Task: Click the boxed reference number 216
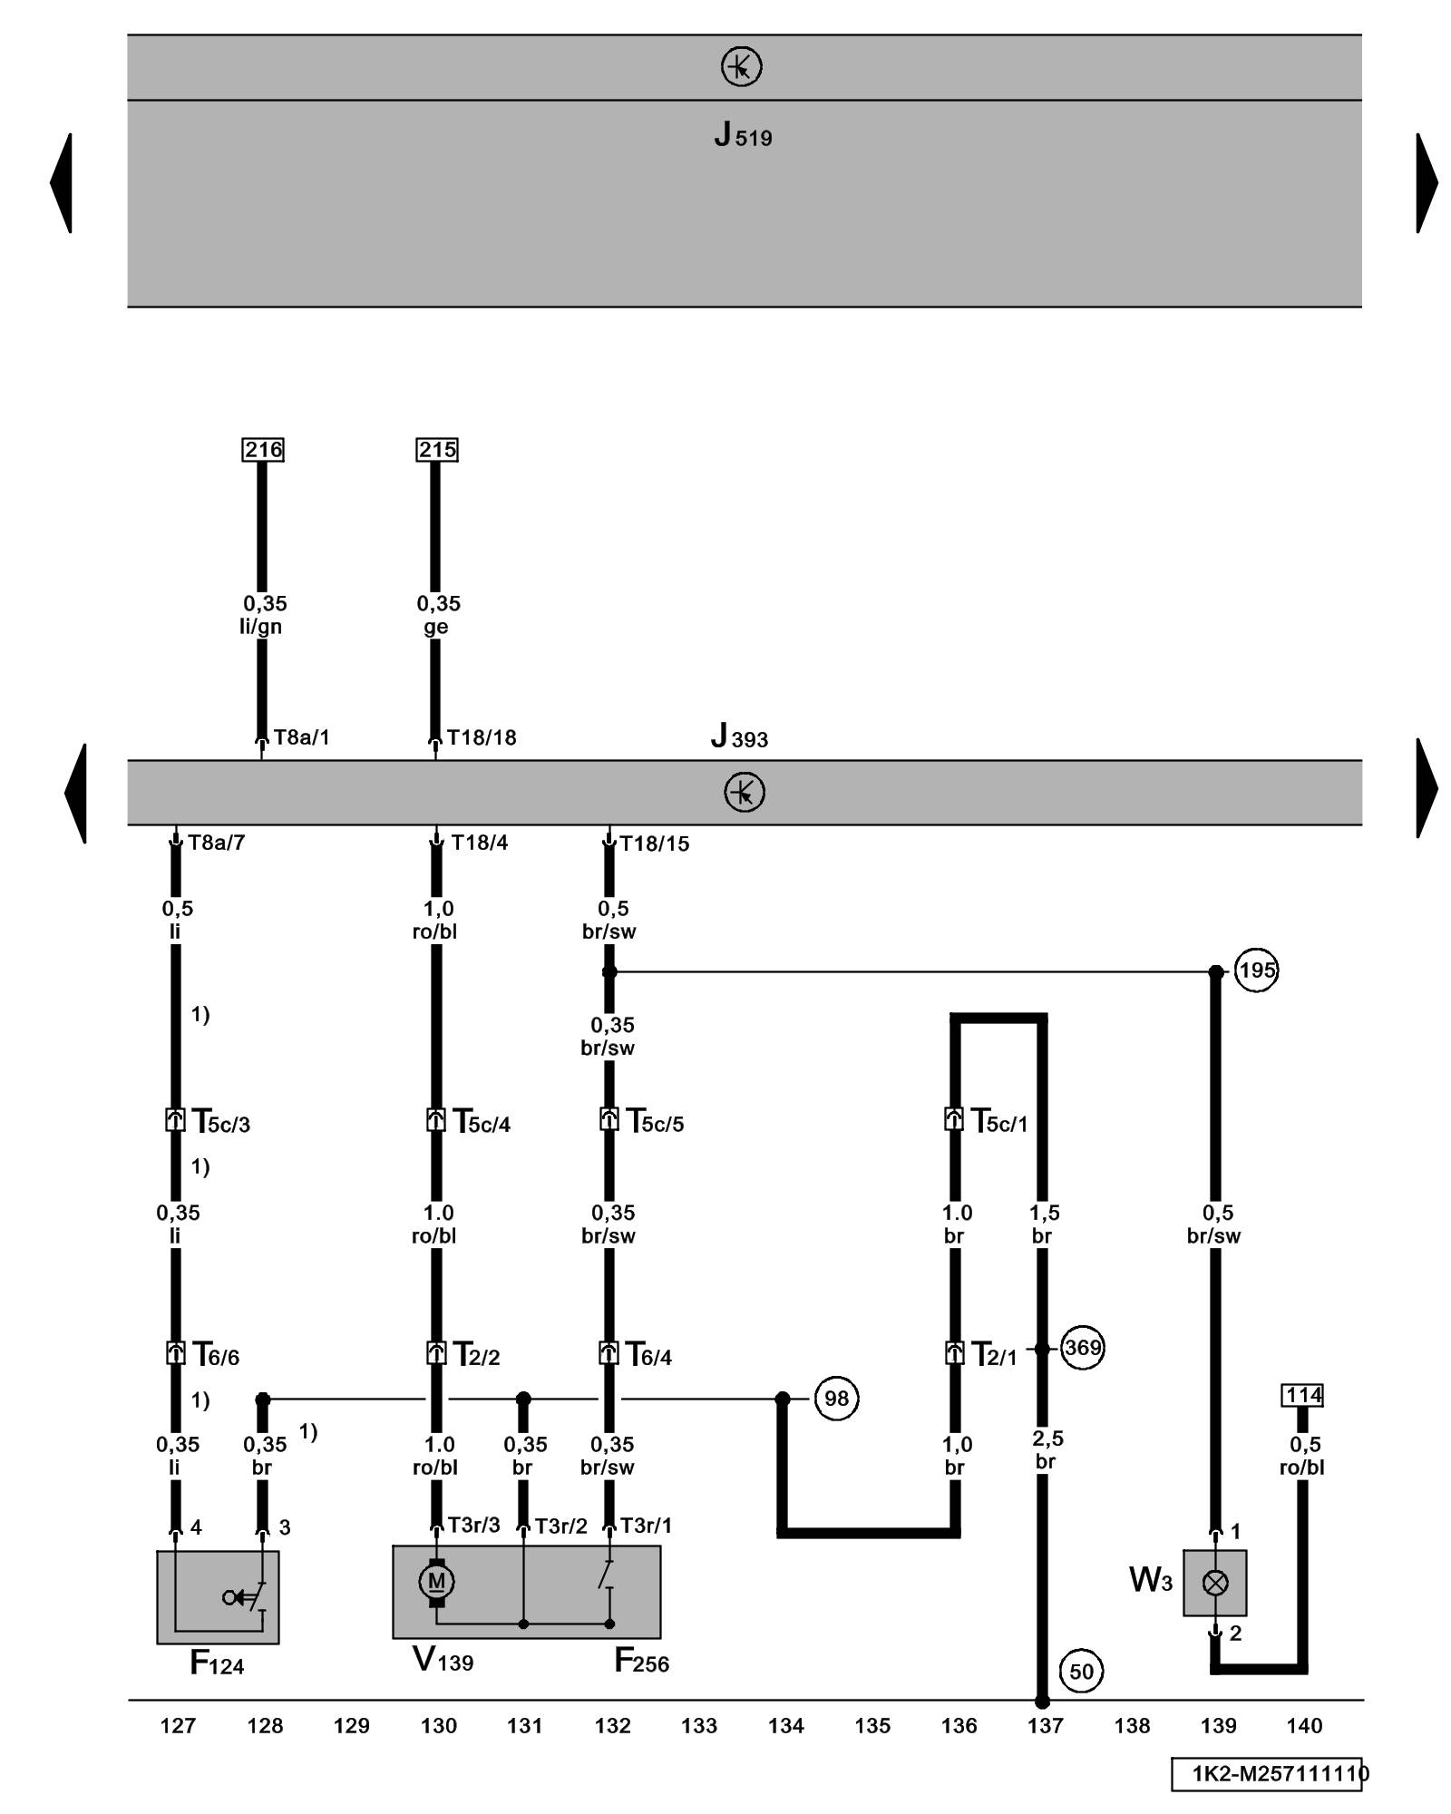tap(263, 450)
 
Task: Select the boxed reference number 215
tap(437, 450)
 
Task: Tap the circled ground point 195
tap(1256, 970)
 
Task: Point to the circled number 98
tap(835, 1399)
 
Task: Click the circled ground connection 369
tap(1082, 1348)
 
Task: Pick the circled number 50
tap(1081, 1671)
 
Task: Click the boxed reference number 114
tap(1302, 1395)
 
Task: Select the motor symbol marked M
tap(436, 1582)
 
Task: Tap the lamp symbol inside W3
tap(1214, 1583)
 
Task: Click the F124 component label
tap(217, 1663)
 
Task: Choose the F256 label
tap(641, 1662)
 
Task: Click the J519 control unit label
tap(743, 136)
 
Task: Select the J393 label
tap(739, 736)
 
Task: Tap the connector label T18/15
tap(654, 844)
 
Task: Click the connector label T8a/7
tap(216, 844)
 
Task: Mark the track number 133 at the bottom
tap(699, 1726)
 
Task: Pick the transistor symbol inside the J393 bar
tap(745, 793)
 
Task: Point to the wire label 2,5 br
tap(1047, 1449)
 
